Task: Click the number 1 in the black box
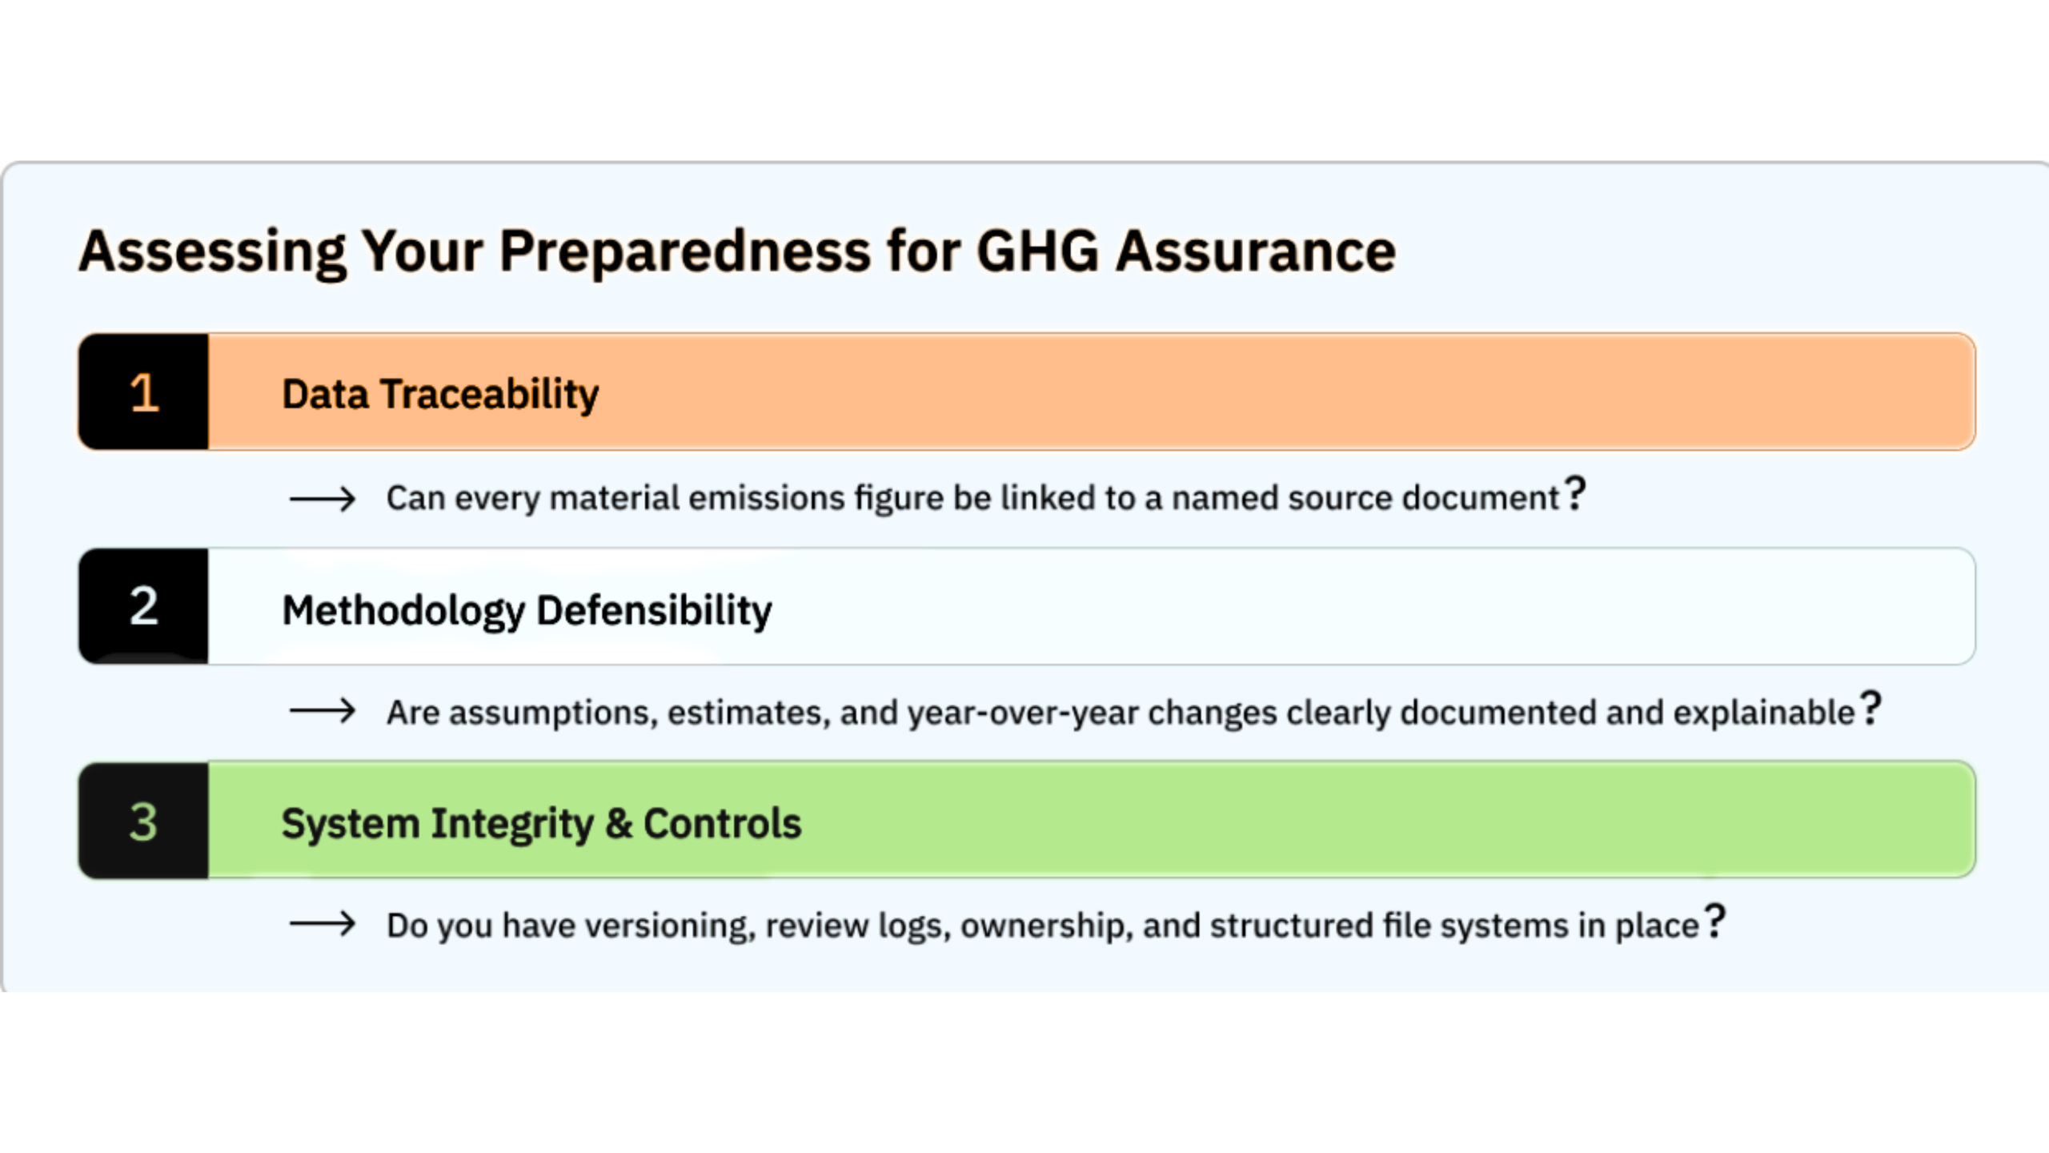pyautogui.click(x=144, y=392)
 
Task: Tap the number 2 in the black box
pyautogui.click(x=144, y=606)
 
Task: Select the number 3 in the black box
pyautogui.click(x=144, y=822)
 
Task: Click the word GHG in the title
pyautogui.click(x=1038, y=251)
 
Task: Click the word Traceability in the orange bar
pyautogui.click(x=489, y=394)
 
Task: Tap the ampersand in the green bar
pyautogui.click(x=619, y=823)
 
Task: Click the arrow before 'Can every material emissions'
pyautogui.click(x=323, y=499)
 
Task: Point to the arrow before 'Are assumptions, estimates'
pyautogui.click(x=323, y=711)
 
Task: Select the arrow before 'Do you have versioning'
pyautogui.click(x=323, y=924)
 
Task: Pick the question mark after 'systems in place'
pyautogui.click(x=1714, y=921)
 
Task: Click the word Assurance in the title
pyautogui.click(x=1256, y=251)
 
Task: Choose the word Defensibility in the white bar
pyautogui.click(x=654, y=611)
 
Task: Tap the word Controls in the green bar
pyautogui.click(x=722, y=823)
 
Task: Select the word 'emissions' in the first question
pyautogui.click(x=767, y=498)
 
